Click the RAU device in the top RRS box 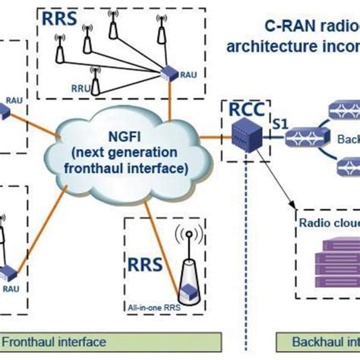[x=168, y=75]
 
